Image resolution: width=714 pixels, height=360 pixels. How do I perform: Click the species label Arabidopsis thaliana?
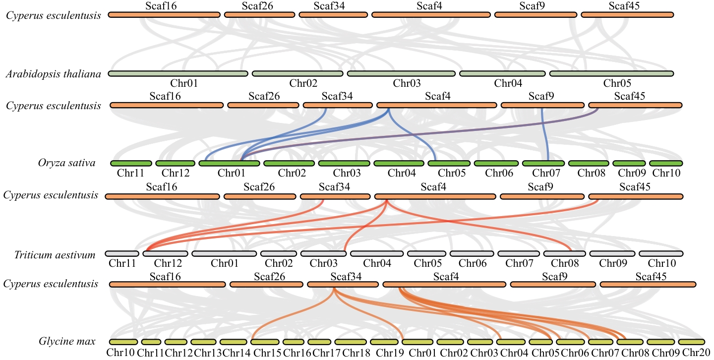pyautogui.click(x=54, y=74)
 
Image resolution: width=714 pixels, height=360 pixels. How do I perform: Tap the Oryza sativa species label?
pyautogui.click(x=66, y=163)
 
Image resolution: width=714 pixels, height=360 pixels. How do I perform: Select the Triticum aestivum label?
pyautogui.click(x=55, y=255)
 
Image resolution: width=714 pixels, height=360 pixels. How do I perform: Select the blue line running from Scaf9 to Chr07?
pyautogui.click(x=544, y=134)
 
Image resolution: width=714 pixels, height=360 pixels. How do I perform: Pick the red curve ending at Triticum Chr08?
pyautogui.click(x=496, y=223)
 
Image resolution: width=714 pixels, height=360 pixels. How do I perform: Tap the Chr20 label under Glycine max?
pyautogui.click(x=697, y=353)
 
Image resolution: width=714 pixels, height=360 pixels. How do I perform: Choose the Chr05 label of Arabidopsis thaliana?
pyautogui.click(x=617, y=83)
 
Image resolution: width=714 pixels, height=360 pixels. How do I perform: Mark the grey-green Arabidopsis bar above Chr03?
pyautogui.click(x=401, y=74)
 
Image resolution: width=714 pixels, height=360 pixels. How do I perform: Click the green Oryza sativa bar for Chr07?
pyautogui.click(x=543, y=163)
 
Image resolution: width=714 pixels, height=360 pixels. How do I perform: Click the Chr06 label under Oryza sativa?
pyautogui.click(x=498, y=173)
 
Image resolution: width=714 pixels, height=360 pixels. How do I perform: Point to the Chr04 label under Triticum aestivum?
pyautogui.click(x=378, y=263)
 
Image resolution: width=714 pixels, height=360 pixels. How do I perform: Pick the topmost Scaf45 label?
pyautogui.click(x=624, y=6)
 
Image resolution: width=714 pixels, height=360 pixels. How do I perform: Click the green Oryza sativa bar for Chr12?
pyautogui.click(x=176, y=163)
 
